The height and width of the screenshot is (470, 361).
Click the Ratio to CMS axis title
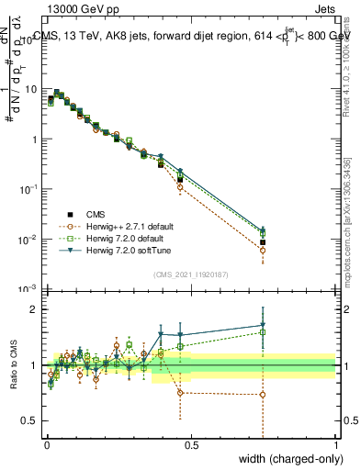tap(14, 366)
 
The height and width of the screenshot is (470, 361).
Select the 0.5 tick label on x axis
tap(191, 445)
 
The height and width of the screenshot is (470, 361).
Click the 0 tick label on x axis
tap(47, 445)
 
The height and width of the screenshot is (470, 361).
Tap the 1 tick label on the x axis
tap(335, 445)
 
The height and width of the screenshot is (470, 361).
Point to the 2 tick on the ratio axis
tap(34, 309)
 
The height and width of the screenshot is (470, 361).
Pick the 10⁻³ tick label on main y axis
tap(28, 290)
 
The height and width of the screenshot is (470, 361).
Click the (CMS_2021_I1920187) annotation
tap(191, 273)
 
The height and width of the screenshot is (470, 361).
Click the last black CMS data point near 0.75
tap(263, 242)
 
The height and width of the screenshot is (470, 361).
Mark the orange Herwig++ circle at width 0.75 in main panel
tap(263, 250)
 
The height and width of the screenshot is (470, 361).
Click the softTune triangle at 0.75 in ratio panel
tap(263, 325)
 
